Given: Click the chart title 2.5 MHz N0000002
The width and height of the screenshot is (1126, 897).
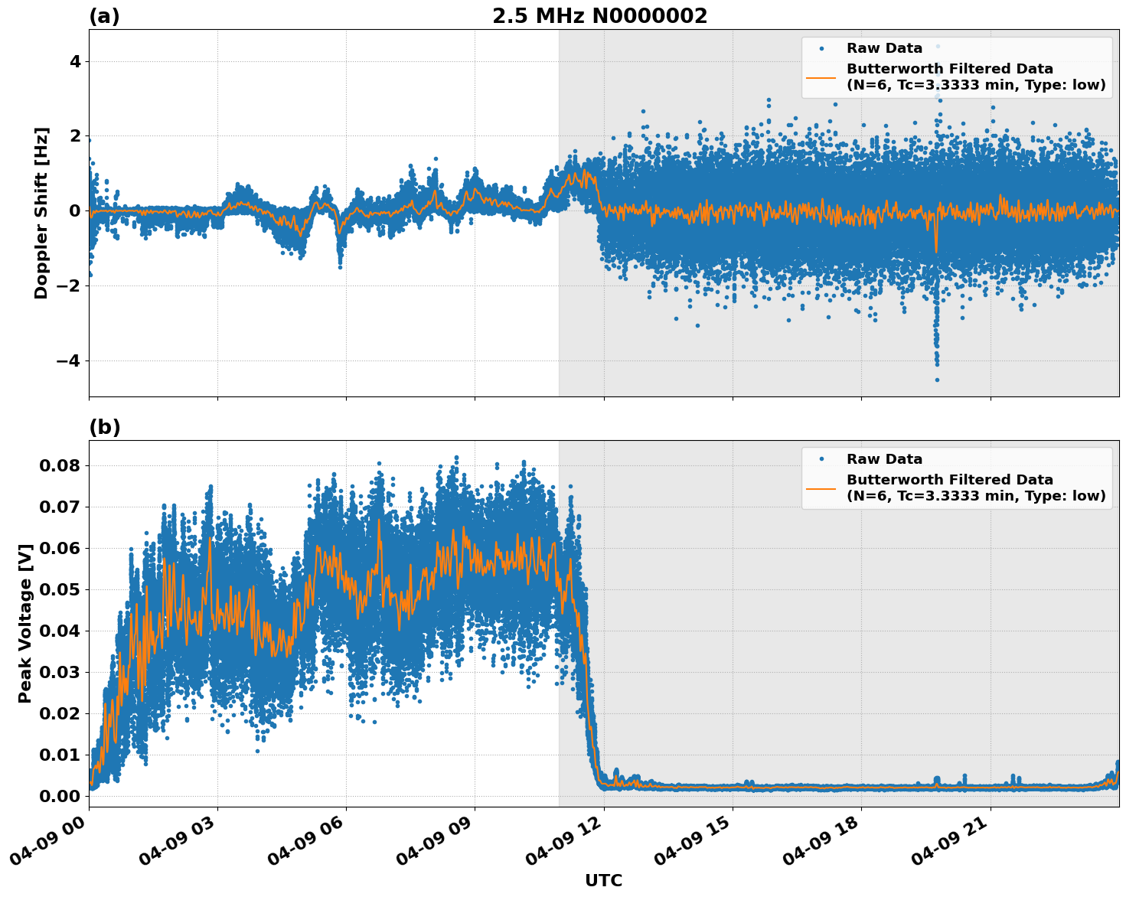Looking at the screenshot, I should coord(599,16).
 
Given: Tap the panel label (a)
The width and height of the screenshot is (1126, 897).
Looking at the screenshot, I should coord(104,16).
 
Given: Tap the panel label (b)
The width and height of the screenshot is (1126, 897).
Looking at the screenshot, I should coord(104,427).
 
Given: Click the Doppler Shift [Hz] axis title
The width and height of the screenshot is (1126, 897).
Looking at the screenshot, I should coord(41,213).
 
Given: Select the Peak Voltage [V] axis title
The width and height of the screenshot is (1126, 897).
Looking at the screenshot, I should coord(26,623).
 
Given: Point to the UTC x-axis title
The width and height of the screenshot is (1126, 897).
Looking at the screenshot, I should coord(603,880).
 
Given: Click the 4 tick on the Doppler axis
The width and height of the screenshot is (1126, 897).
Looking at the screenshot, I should coord(75,61).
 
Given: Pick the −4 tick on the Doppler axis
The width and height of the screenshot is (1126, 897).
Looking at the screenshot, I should coord(67,360).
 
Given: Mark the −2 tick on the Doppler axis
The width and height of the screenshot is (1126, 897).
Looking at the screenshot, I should coord(67,285).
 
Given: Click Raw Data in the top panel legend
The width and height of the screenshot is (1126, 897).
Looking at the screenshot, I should coord(884,48).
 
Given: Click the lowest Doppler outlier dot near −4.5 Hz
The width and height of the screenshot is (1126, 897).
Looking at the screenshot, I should coord(937,380).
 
